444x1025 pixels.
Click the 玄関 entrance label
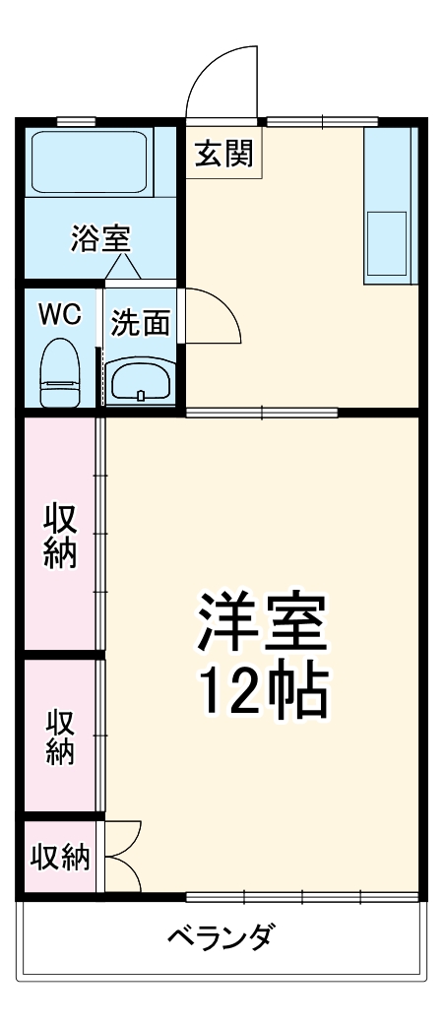[223, 155]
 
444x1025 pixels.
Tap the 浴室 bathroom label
[100, 239]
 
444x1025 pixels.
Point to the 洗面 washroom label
[140, 322]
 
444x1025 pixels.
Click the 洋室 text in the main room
[263, 621]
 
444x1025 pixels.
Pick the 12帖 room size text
[263, 693]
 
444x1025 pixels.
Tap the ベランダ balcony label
[221, 936]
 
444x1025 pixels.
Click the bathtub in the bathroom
[90, 160]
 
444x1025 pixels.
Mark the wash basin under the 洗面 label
[140, 379]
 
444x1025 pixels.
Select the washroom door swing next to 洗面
[209, 316]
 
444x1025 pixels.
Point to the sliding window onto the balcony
[301, 897]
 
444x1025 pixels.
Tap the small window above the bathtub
[76, 122]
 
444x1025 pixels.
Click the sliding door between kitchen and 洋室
[262, 412]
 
